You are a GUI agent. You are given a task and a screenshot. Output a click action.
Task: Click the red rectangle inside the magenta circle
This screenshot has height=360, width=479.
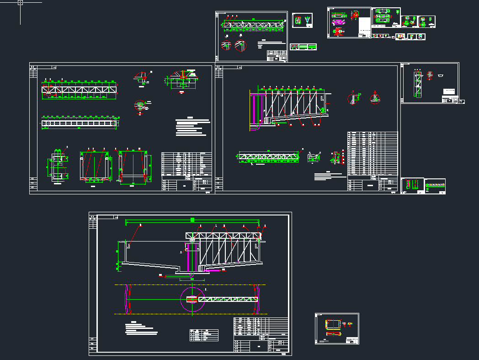[x=192, y=299]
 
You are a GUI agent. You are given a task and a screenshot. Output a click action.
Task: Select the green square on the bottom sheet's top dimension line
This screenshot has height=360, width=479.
[x=192, y=220]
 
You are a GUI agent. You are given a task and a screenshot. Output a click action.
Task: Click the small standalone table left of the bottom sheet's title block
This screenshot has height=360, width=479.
[x=204, y=335]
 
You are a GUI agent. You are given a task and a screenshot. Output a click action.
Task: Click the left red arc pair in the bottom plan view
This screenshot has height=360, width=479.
[x=128, y=299]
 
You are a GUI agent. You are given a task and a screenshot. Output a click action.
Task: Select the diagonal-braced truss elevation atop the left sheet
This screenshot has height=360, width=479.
[x=79, y=90]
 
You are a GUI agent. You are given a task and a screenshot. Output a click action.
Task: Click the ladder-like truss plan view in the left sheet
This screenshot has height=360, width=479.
[x=80, y=123]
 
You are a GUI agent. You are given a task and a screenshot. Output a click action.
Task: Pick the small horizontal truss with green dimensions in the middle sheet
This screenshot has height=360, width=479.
[x=268, y=156]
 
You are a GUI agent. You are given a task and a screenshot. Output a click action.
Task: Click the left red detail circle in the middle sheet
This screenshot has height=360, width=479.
[x=353, y=98]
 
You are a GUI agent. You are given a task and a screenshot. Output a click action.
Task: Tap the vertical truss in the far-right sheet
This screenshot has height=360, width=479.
[x=418, y=85]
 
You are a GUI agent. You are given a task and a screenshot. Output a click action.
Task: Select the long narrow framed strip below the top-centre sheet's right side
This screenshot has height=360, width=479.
[x=303, y=47]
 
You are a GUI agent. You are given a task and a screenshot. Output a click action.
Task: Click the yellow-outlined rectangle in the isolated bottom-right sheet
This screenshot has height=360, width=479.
[x=334, y=324]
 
